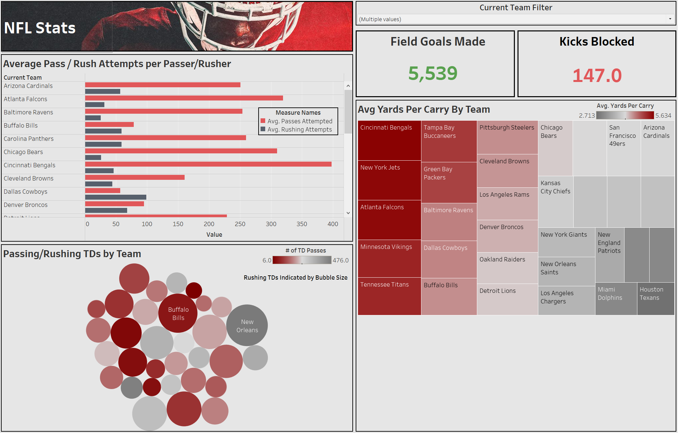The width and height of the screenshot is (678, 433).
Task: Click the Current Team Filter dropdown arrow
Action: tap(670, 19)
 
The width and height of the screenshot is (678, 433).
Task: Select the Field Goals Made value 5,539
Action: tap(433, 73)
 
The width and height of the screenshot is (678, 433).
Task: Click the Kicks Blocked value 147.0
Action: tap(597, 75)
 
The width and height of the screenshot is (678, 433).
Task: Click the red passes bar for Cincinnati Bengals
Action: tap(208, 164)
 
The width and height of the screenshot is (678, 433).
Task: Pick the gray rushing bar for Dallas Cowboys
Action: tap(116, 197)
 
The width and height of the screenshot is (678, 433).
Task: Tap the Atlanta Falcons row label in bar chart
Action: tap(25, 99)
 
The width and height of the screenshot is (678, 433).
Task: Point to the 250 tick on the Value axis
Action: tap(240, 224)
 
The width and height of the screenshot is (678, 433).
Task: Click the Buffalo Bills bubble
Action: tap(178, 313)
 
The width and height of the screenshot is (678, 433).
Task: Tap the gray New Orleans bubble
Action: tap(247, 326)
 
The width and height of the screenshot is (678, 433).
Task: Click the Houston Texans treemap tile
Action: tap(656, 298)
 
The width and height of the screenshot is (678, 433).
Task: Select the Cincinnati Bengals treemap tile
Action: tap(389, 140)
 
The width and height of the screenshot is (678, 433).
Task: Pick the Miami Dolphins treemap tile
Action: tap(616, 298)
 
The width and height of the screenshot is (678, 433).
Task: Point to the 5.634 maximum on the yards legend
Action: tap(663, 116)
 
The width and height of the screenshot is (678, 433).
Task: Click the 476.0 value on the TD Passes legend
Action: tap(340, 260)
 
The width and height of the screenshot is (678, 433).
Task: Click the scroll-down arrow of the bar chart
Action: tap(348, 213)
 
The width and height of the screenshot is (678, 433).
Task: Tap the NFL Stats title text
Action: tap(40, 28)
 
